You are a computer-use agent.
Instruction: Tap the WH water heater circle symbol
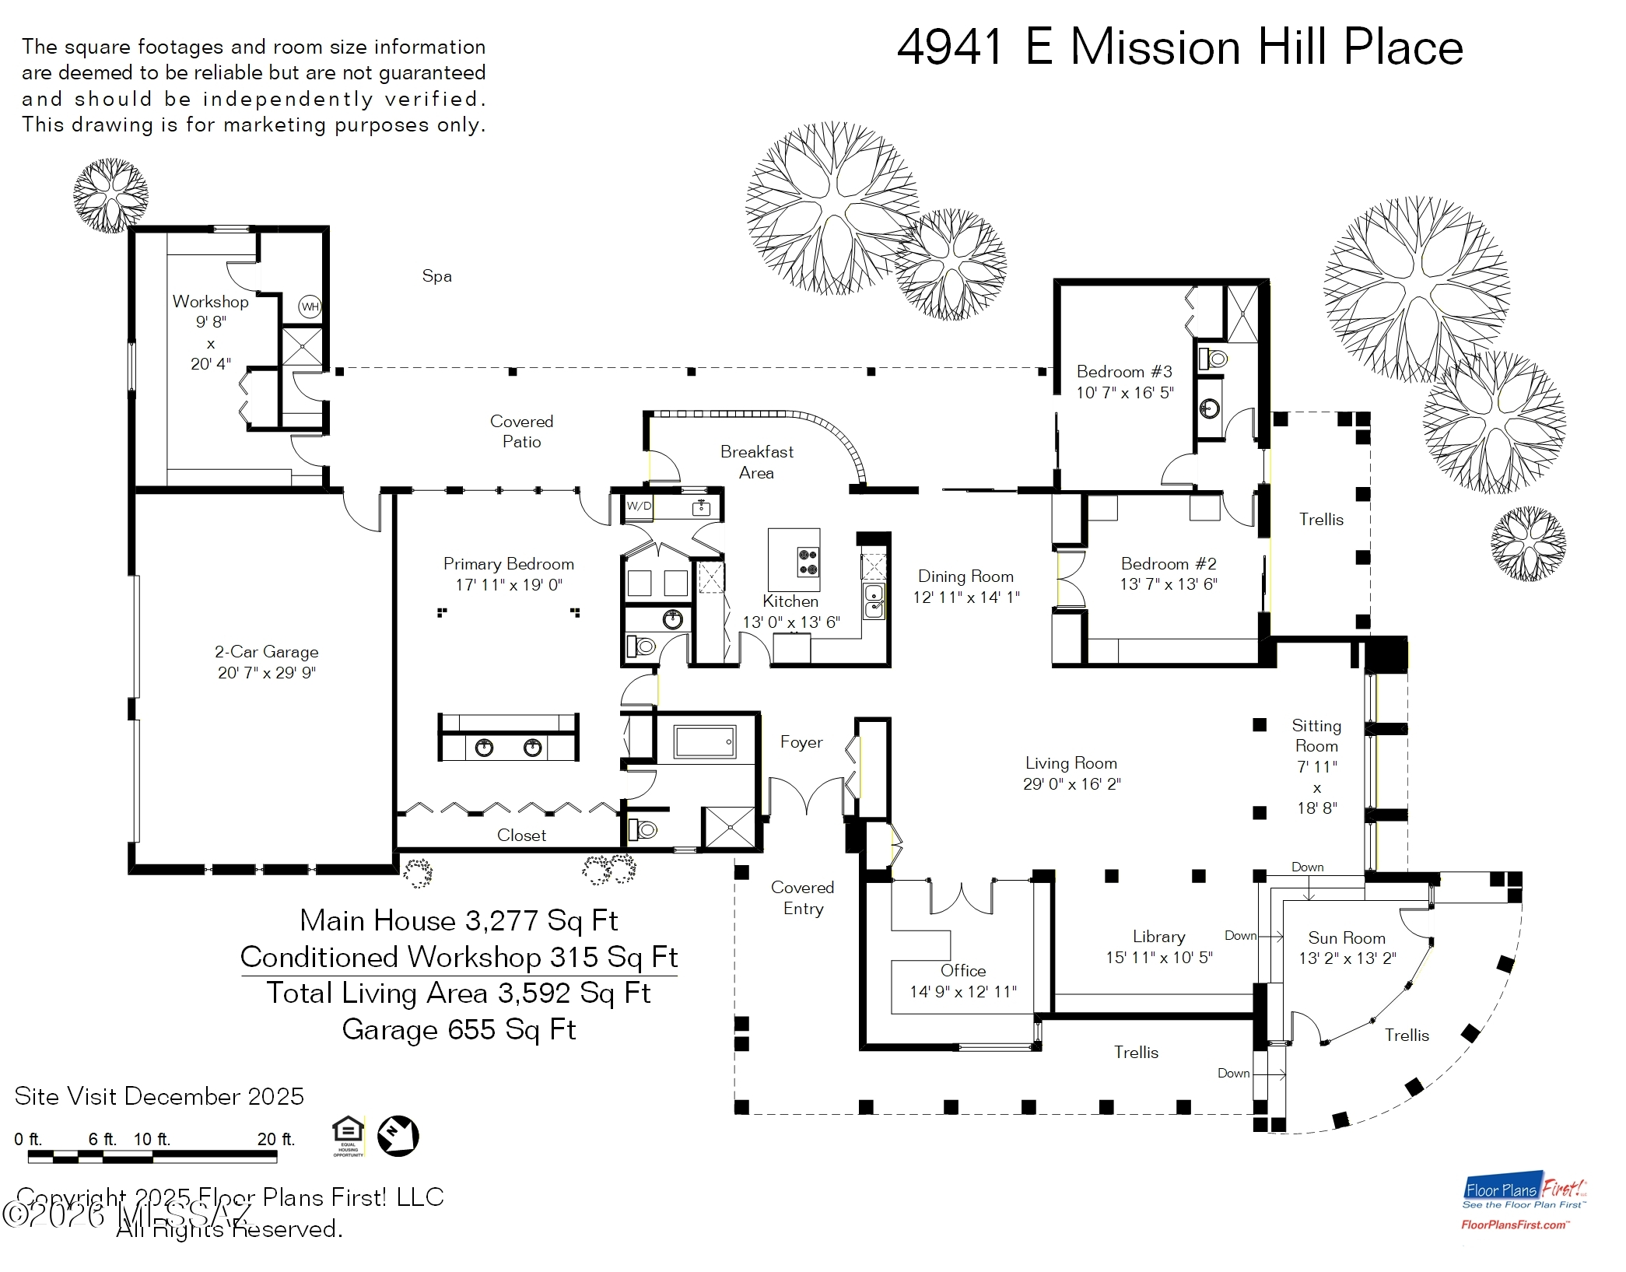(x=310, y=307)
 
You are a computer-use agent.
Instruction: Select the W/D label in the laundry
(x=639, y=506)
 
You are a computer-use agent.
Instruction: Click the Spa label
(x=436, y=276)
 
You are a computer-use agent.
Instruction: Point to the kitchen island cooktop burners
(x=808, y=562)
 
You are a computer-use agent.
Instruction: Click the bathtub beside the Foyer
(x=705, y=742)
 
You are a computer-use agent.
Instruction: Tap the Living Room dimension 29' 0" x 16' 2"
(x=1071, y=784)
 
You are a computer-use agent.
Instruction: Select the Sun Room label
(x=1346, y=938)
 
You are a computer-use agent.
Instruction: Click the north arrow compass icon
(x=398, y=1136)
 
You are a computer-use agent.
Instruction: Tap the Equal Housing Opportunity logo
(x=348, y=1134)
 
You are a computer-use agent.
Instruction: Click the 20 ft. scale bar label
(x=275, y=1139)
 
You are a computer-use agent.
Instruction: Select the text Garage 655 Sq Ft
(x=458, y=1029)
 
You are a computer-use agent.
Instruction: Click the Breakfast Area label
(x=756, y=462)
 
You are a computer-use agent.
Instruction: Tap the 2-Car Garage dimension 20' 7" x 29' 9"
(x=266, y=673)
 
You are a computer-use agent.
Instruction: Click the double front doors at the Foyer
(x=807, y=795)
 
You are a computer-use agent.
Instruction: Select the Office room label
(x=962, y=970)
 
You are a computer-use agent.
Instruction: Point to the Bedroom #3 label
(x=1123, y=372)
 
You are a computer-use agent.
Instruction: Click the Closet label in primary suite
(x=521, y=836)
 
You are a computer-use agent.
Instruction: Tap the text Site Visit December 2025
(x=159, y=1096)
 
